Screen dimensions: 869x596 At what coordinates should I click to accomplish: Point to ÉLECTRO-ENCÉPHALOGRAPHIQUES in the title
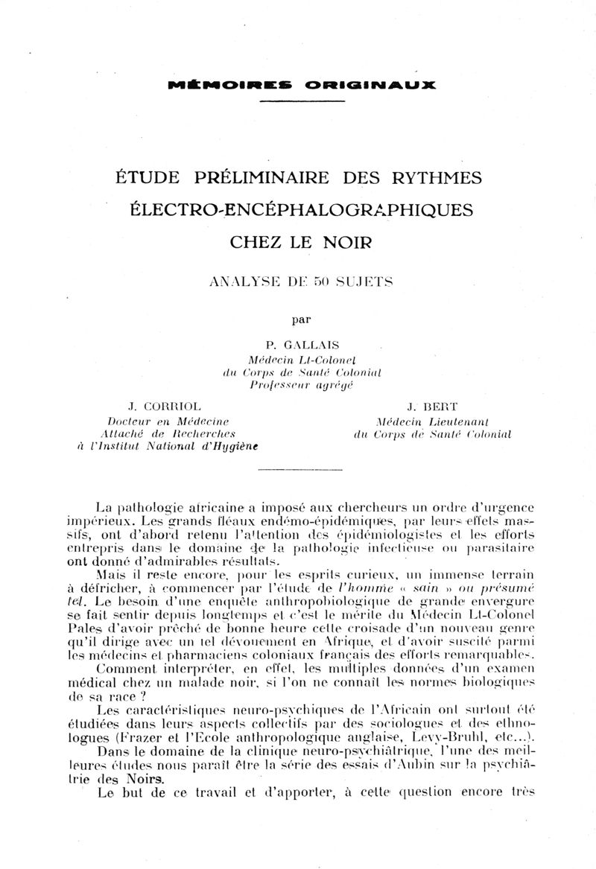[302, 210]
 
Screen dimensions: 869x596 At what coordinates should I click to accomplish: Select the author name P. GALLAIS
[296, 344]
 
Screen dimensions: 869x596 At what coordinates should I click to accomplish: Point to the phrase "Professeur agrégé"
[301, 385]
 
